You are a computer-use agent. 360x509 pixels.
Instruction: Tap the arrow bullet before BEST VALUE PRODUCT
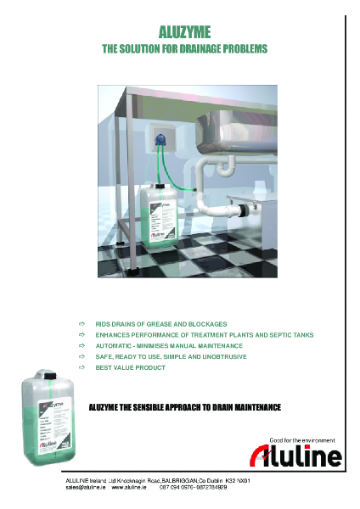[82, 368]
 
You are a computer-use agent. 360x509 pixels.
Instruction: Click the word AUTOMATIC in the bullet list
[115, 346]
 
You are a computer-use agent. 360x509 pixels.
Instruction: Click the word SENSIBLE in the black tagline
[162, 407]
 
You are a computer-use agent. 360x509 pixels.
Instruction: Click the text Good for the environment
[302, 440]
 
